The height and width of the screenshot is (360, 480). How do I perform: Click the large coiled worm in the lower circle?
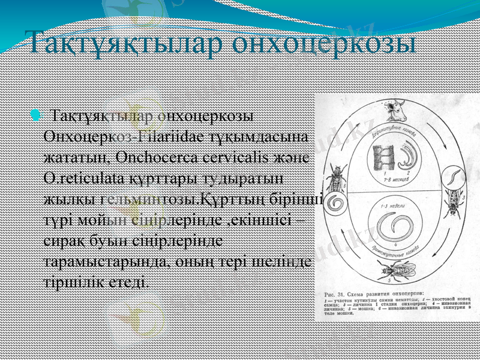[x=394, y=232]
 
